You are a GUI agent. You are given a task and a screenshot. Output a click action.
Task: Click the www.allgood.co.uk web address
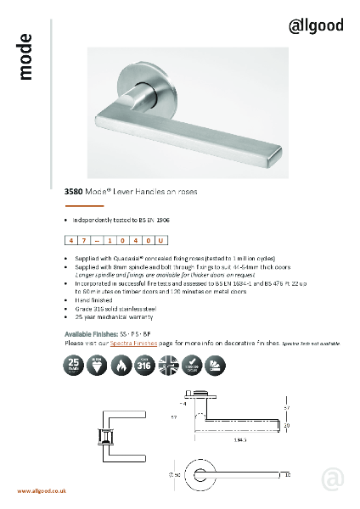click(42, 491)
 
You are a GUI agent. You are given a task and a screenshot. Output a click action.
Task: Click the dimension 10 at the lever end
click(288, 474)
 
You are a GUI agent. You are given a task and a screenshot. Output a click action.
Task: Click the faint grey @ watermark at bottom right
click(333, 479)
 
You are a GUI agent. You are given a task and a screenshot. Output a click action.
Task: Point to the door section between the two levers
click(109, 437)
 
